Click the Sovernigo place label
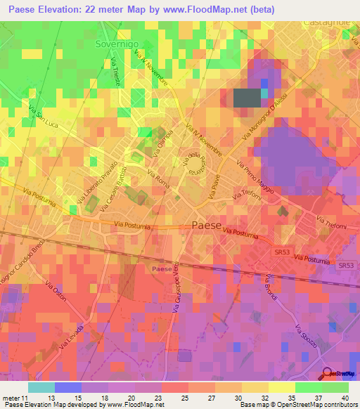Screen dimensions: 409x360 (116, 44)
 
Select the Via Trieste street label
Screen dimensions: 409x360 (115, 72)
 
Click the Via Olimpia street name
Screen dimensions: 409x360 (164, 138)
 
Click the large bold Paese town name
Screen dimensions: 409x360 (207, 226)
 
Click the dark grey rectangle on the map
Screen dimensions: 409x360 (247, 98)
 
